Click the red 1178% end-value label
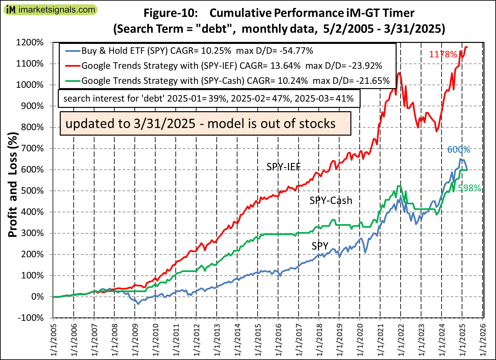443,54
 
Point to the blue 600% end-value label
459,150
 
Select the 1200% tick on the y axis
30,43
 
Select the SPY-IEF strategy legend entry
231,66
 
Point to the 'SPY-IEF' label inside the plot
283,167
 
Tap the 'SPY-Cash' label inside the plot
331,201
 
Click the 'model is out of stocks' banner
205,124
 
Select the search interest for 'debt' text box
208,98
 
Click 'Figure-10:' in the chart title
170,13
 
